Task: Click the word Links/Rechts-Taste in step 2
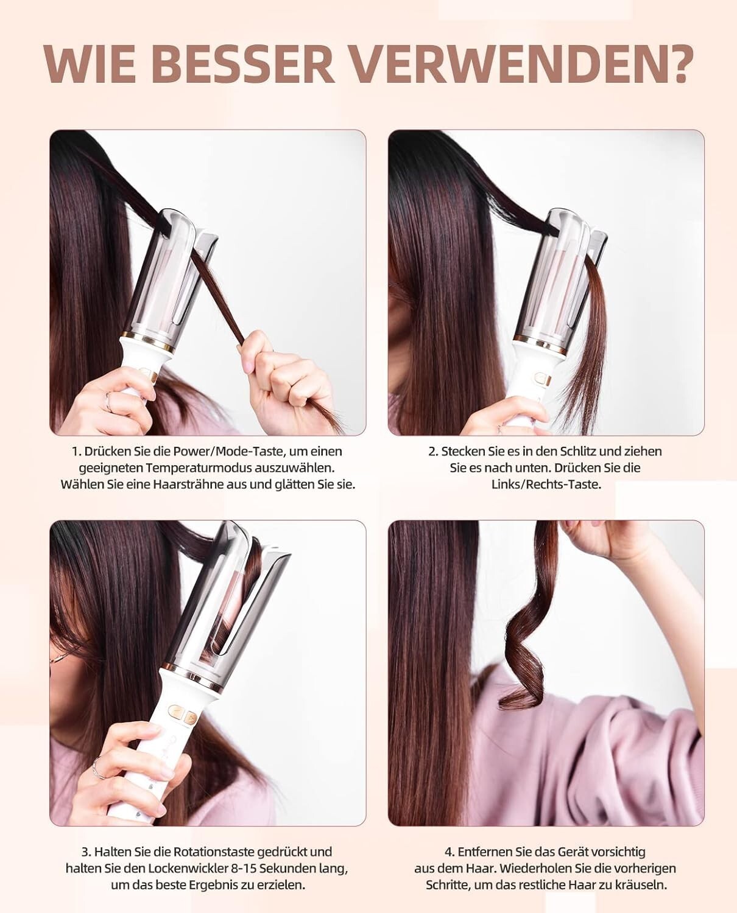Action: [546, 484]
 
